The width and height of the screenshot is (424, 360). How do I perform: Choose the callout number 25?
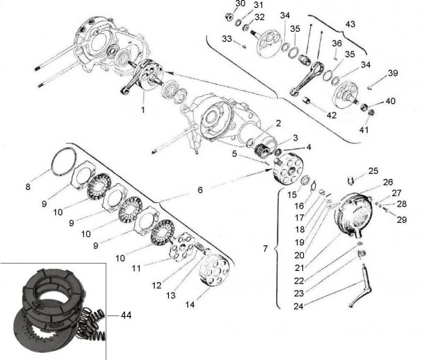coord(373,170)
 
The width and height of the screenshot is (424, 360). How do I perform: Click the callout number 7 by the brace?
coord(265,250)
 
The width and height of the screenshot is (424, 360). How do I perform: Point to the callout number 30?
coord(240,4)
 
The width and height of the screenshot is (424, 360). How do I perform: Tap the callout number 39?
coord(393,73)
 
